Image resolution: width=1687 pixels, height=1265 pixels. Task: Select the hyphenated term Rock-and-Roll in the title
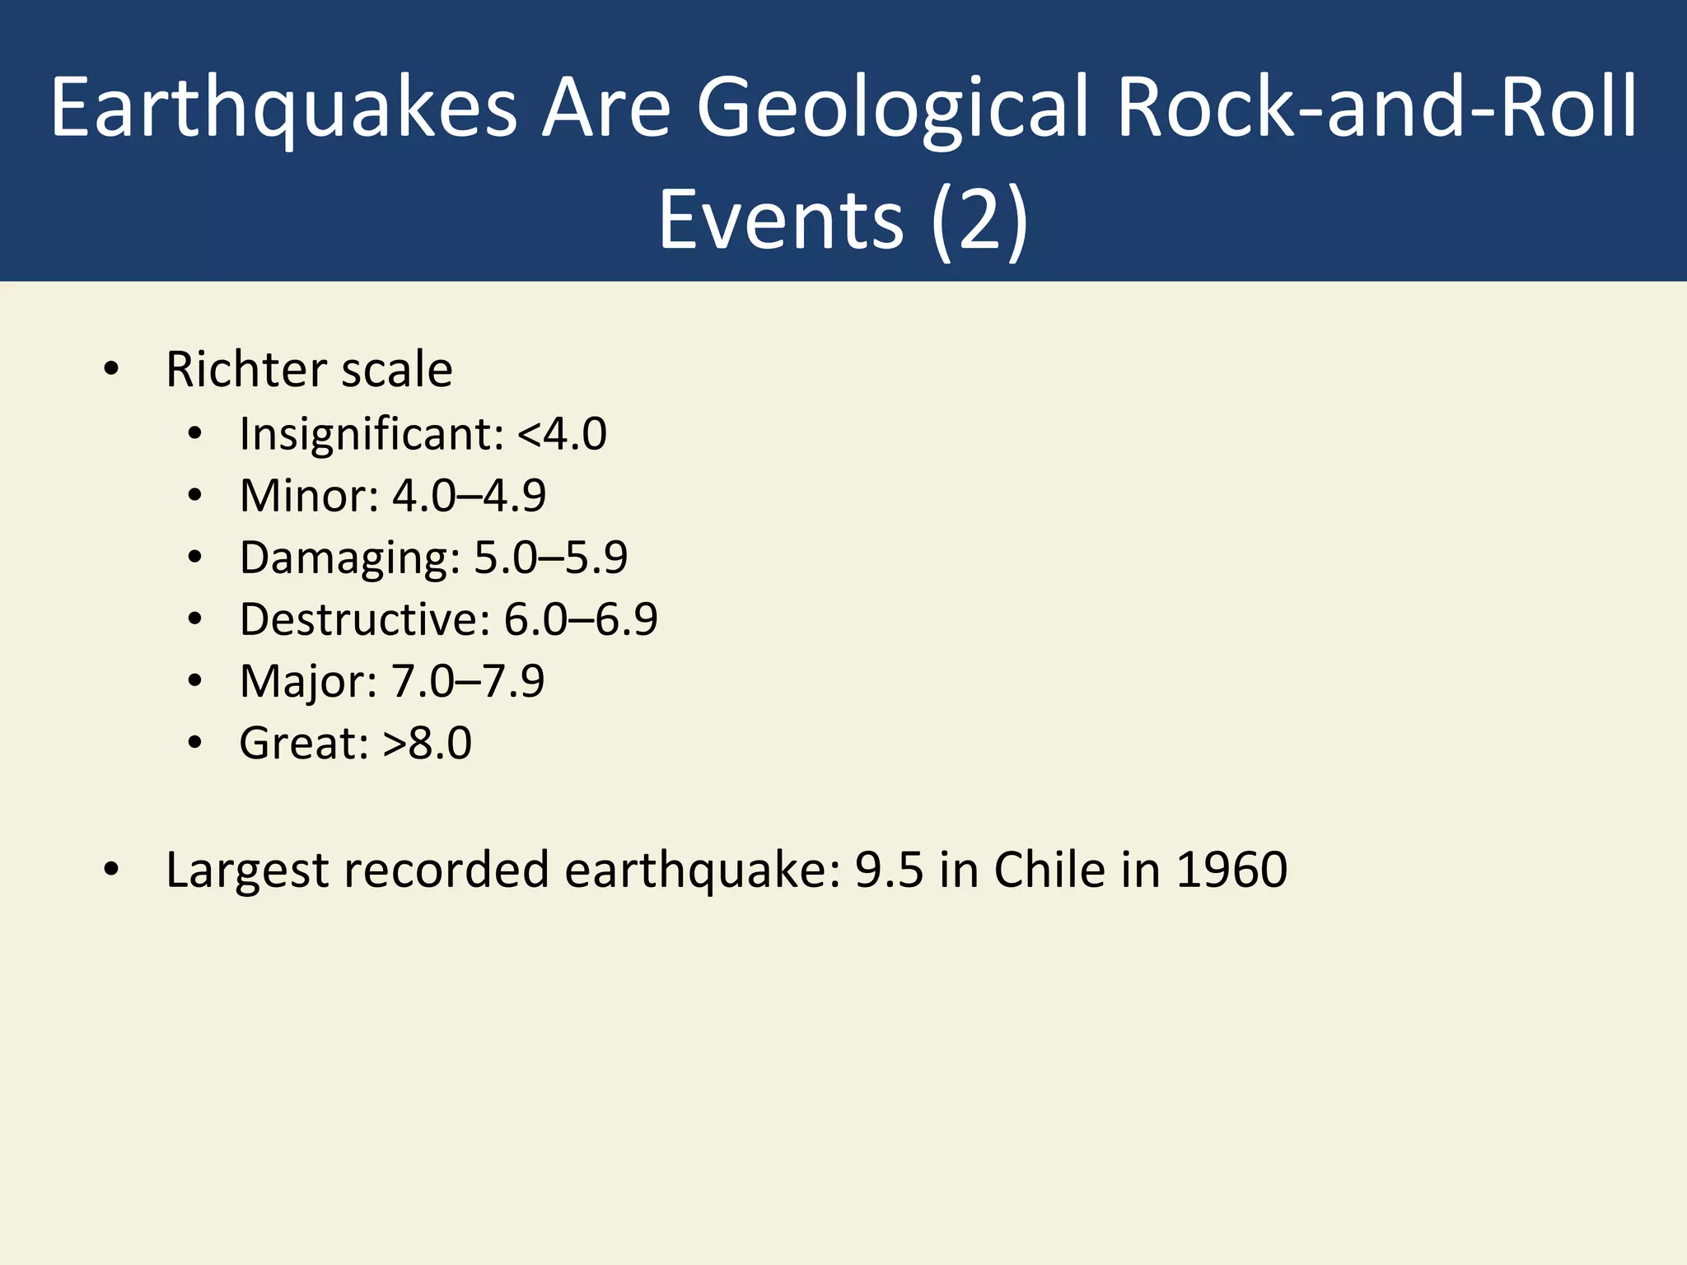tap(1376, 107)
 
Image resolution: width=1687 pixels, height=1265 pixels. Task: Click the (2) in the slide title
tap(979, 219)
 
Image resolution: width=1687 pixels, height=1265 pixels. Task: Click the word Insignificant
tap(371, 433)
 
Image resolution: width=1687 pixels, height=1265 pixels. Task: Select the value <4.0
tap(562, 433)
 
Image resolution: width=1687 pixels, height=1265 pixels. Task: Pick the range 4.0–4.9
tap(469, 496)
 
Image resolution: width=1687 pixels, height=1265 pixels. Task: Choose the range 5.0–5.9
tap(550, 558)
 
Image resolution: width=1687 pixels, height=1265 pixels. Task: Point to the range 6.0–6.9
tap(581, 619)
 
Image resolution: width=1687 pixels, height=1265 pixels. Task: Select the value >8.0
tap(427, 743)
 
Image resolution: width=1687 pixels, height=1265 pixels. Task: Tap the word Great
tap(303, 743)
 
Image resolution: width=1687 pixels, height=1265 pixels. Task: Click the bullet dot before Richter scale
tap(112, 370)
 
